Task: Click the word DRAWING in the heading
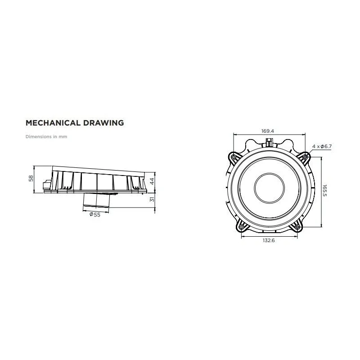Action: point(103,123)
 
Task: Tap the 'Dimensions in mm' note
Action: point(46,137)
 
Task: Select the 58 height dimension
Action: point(31,178)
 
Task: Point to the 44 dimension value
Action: point(152,181)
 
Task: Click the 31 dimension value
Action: point(152,199)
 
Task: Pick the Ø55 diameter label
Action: point(95,215)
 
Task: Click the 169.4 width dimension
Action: point(267,131)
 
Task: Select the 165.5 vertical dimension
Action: point(324,190)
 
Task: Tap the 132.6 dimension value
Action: point(269,240)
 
